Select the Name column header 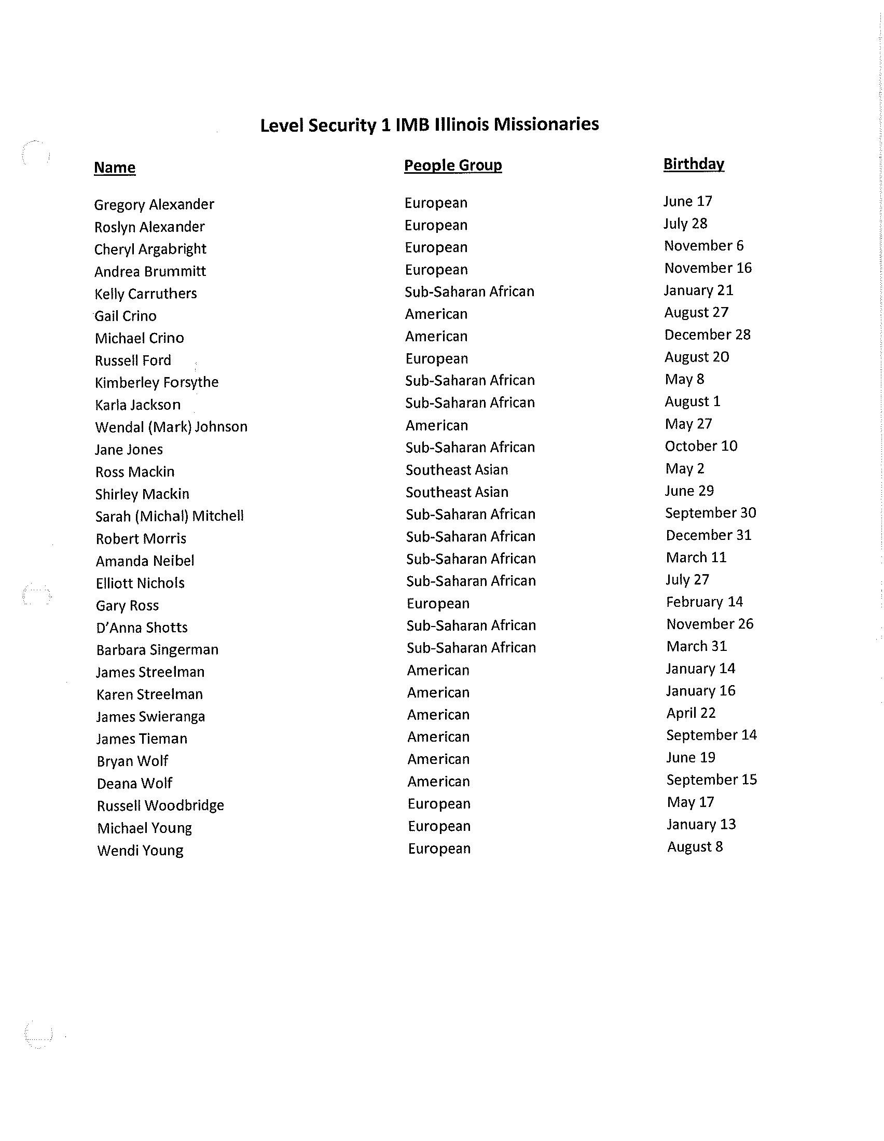pos(115,168)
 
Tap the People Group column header pos(452,165)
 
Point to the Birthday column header pos(693,164)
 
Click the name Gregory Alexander pos(154,204)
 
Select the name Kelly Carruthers pos(145,294)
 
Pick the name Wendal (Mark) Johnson pos(171,427)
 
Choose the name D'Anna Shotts pos(142,628)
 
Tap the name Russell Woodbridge pos(160,805)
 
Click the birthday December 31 pos(708,535)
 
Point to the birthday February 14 pos(705,602)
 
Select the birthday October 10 pos(701,446)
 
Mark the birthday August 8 pos(695,846)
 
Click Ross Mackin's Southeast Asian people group pos(457,470)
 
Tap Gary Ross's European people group pos(438,603)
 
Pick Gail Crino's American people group pos(436,314)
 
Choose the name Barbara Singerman pos(157,650)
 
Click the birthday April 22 pos(690,713)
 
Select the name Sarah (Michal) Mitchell pos(169,516)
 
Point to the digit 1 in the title pos(385,126)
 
